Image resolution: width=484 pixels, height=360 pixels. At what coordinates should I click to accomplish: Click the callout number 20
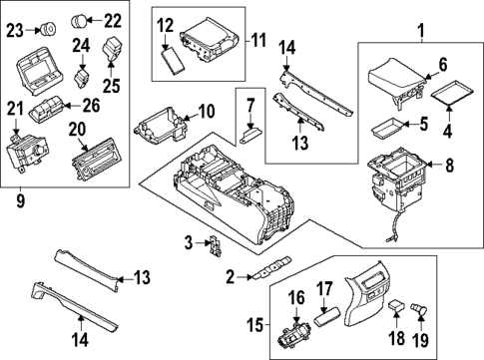[76, 130]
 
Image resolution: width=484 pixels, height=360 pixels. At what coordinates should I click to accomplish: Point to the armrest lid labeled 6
[391, 76]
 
